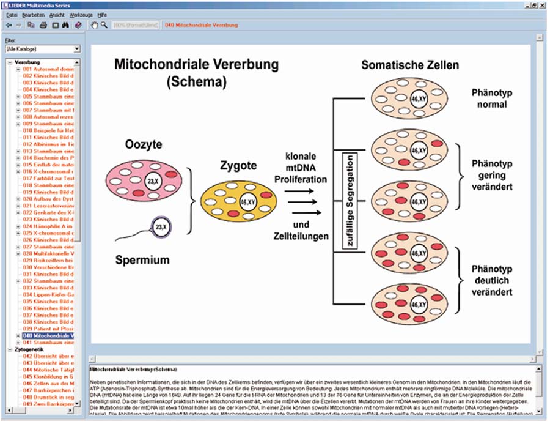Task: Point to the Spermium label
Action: click(143, 260)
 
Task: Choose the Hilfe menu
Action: click(102, 13)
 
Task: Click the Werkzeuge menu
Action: click(81, 13)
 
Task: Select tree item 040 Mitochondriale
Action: click(48, 336)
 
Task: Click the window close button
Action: click(543, 5)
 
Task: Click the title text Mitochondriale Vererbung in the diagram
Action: click(196, 64)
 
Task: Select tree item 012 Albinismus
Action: click(48, 144)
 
